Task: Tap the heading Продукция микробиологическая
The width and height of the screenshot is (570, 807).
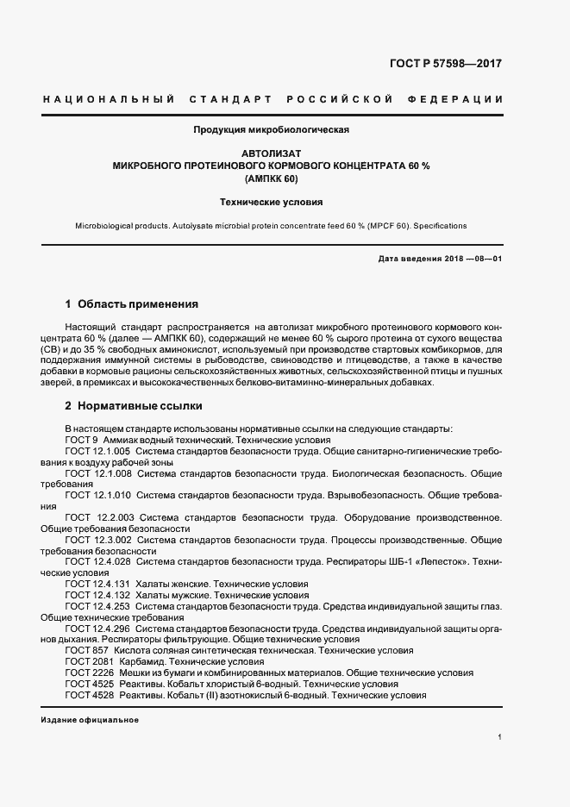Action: [x=271, y=130]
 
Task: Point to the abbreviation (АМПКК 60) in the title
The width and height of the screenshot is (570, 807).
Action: [x=271, y=177]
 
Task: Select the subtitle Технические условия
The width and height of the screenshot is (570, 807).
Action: [x=271, y=203]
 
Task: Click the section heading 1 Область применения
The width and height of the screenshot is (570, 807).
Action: [x=132, y=304]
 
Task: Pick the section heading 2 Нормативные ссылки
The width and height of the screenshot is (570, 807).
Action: [x=135, y=404]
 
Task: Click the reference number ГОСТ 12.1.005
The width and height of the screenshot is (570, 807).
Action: [x=97, y=451]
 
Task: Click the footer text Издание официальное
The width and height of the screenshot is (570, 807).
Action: [x=89, y=720]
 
